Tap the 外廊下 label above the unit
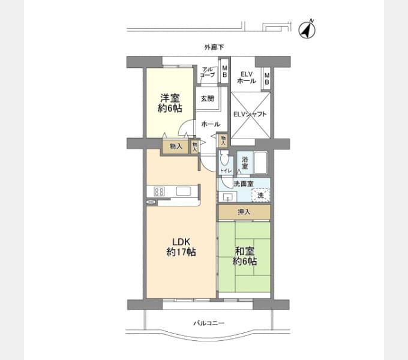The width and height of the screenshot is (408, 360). click(213, 47)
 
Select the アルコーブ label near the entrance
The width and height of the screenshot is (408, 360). click(208, 72)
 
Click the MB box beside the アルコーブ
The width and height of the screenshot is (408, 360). click(224, 71)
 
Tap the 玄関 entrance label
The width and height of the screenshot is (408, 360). click(207, 98)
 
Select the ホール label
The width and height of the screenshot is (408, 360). click(210, 124)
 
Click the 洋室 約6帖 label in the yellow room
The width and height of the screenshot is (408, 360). click(169, 103)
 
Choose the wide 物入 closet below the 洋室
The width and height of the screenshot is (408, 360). click(176, 146)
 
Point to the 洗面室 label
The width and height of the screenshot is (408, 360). click(243, 184)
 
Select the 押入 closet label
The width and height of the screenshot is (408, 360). click(244, 212)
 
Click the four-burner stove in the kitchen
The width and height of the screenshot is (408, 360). click(160, 192)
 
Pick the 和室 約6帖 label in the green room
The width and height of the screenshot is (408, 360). click(245, 256)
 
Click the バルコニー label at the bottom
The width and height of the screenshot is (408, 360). click(208, 323)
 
